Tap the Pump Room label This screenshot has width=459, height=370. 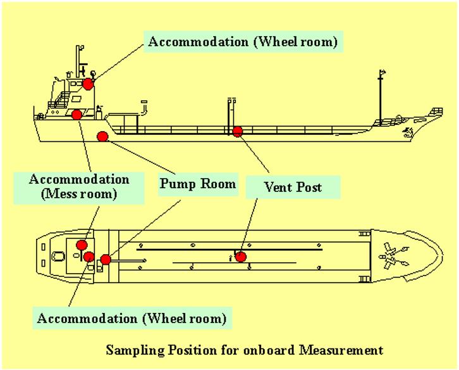click(x=197, y=184)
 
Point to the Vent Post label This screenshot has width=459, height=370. click(x=293, y=187)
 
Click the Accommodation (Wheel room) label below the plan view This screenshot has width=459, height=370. click(x=131, y=316)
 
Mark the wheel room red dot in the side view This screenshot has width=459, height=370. click(x=88, y=83)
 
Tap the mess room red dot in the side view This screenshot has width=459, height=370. click(x=77, y=114)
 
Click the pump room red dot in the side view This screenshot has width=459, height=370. click(x=102, y=134)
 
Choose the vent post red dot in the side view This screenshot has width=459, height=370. click(x=238, y=132)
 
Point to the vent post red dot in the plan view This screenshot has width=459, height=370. click(x=240, y=256)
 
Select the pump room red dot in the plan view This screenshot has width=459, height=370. click(x=105, y=258)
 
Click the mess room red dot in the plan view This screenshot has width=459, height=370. click(x=81, y=245)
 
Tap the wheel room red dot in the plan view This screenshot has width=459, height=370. click(x=89, y=257)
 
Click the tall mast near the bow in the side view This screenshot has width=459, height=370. click(x=379, y=95)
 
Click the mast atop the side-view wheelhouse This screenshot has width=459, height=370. click(x=79, y=60)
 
